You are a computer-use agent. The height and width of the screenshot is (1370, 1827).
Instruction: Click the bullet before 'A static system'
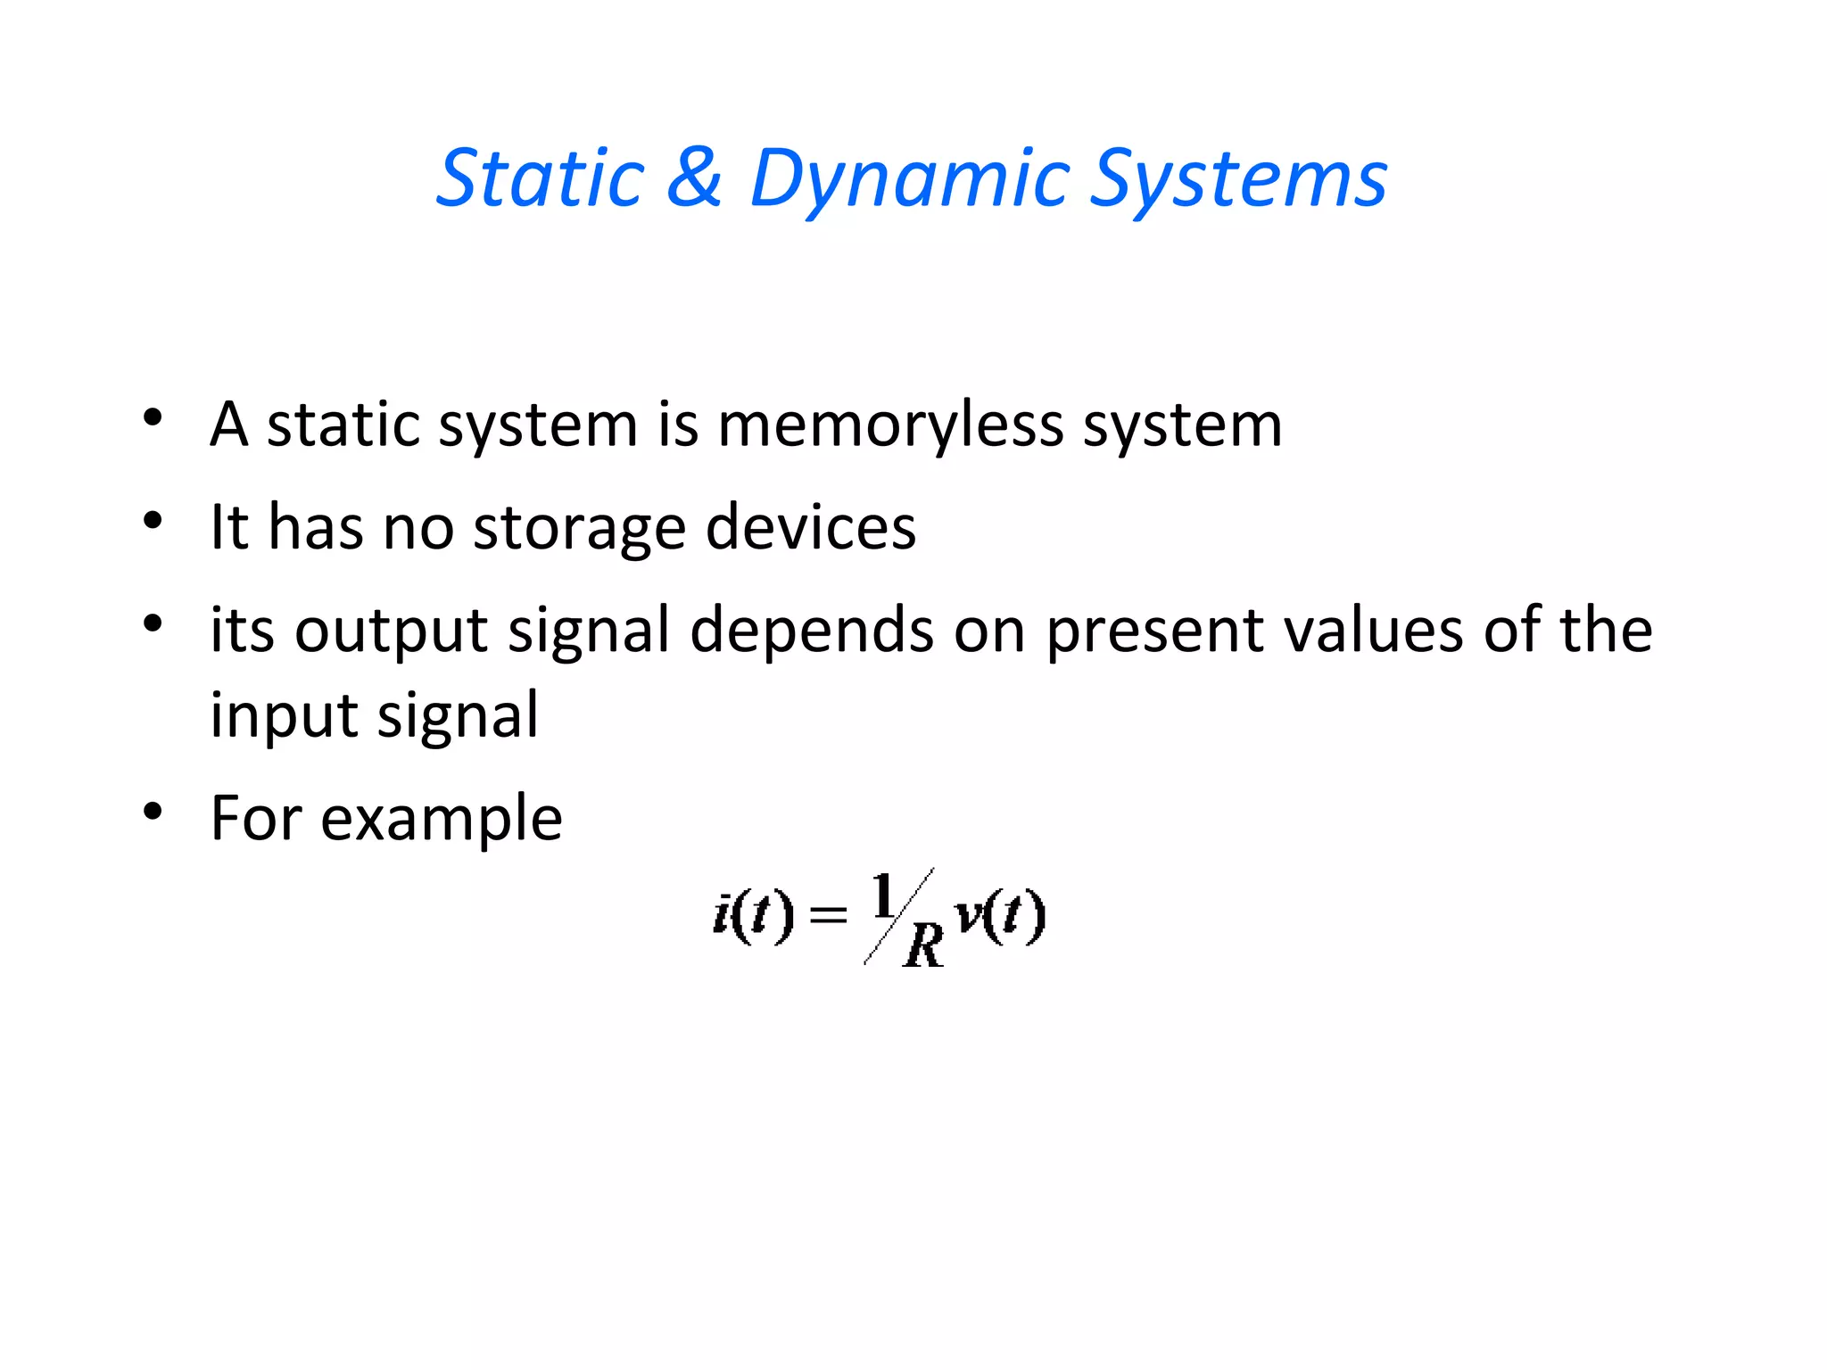153,417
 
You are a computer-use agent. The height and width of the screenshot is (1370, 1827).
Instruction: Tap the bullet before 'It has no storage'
153,520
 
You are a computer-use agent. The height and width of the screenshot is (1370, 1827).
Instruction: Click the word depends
812,631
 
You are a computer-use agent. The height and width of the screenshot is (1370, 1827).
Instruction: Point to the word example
441,819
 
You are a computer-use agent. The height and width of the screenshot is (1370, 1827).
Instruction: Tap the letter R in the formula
923,945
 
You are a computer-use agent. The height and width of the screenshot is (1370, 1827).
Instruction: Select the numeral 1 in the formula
884,895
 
